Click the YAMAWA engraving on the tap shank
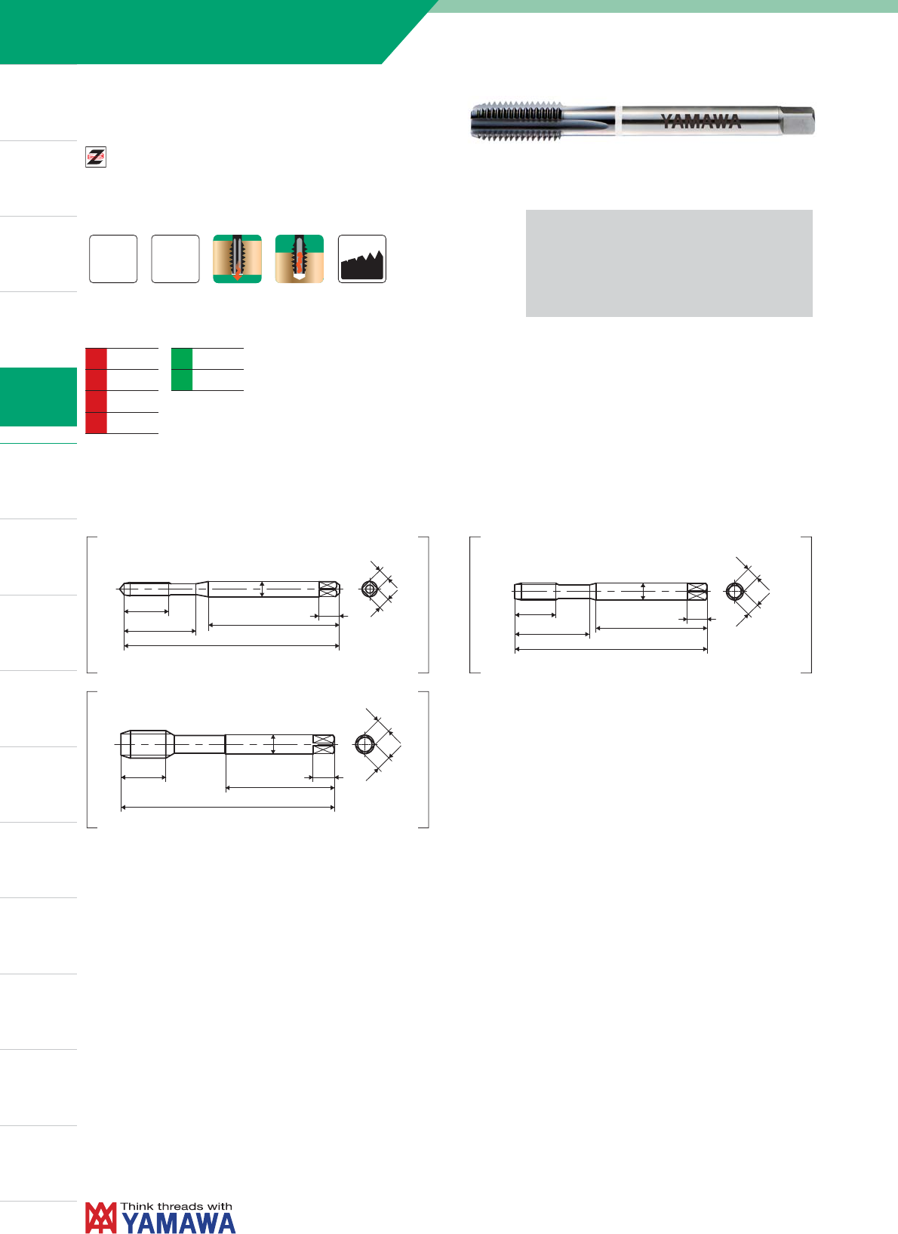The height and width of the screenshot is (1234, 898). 701,122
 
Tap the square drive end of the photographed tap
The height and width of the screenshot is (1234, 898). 797,121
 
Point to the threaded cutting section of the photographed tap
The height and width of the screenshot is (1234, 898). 517,120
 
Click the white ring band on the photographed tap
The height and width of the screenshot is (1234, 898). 619,121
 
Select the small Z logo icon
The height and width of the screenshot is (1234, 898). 95,157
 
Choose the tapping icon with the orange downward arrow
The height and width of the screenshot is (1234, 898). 237,259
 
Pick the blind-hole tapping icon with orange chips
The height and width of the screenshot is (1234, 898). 299,259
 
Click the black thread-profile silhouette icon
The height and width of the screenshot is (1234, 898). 362,259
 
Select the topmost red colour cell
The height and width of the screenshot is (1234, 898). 96,359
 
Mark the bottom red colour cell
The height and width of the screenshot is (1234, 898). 96,423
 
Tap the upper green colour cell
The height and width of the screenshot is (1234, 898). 182,359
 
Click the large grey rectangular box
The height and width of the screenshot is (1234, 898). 669,263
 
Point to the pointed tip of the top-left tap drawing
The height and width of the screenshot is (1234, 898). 118,589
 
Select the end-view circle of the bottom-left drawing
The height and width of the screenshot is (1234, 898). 364,745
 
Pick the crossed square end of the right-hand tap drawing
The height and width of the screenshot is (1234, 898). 697,592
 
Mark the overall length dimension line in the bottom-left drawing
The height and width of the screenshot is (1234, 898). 228,807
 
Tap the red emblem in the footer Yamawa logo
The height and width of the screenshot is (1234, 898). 101,1217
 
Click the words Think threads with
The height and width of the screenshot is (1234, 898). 177,1207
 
